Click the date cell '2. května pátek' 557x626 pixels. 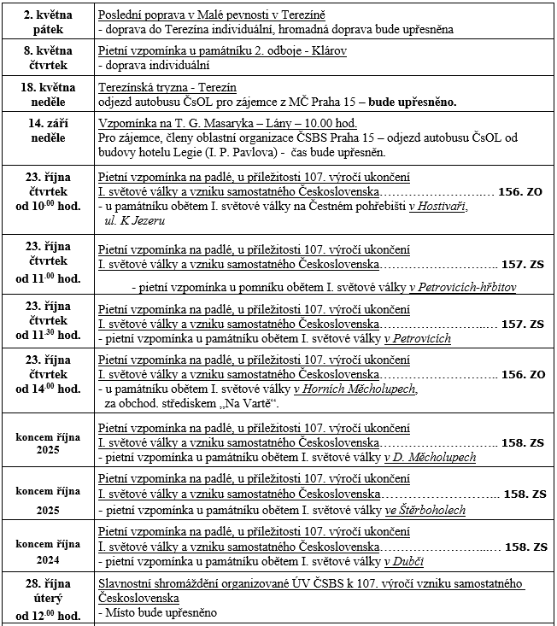point(48,22)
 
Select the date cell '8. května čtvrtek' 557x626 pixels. point(48,58)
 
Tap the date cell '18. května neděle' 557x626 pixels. point(48,94)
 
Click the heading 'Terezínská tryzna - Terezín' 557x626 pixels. point(167,88)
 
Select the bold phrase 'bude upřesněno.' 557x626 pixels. point(413,102)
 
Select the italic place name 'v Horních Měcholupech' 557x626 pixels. point(355,389)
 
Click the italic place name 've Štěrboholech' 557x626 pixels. point(425,511)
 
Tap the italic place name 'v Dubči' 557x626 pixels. point(404,561)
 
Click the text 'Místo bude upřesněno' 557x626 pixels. point(159,612)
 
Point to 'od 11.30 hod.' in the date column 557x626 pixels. point(48,335)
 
